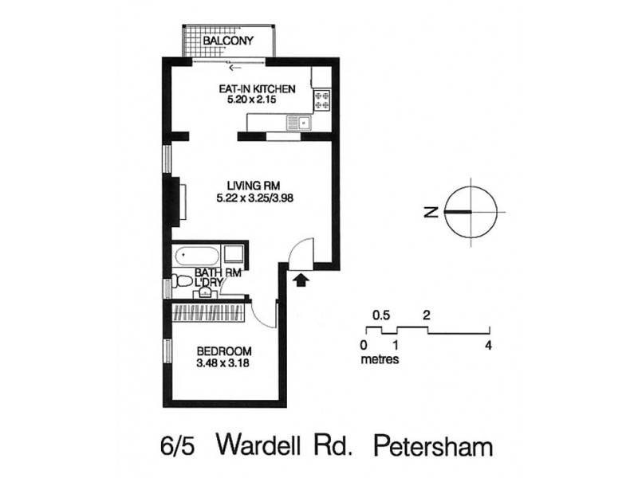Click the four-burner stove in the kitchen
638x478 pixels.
[x=323, y=100]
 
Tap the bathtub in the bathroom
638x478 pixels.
[x=196, y=257]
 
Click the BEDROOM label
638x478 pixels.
[x=224, y=351]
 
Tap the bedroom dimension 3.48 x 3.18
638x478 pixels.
[x=224, y=364]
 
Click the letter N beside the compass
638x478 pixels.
[x=430, y=212]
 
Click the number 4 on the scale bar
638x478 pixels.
[x=488, y=346]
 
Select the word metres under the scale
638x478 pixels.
[x=380, y=358]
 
